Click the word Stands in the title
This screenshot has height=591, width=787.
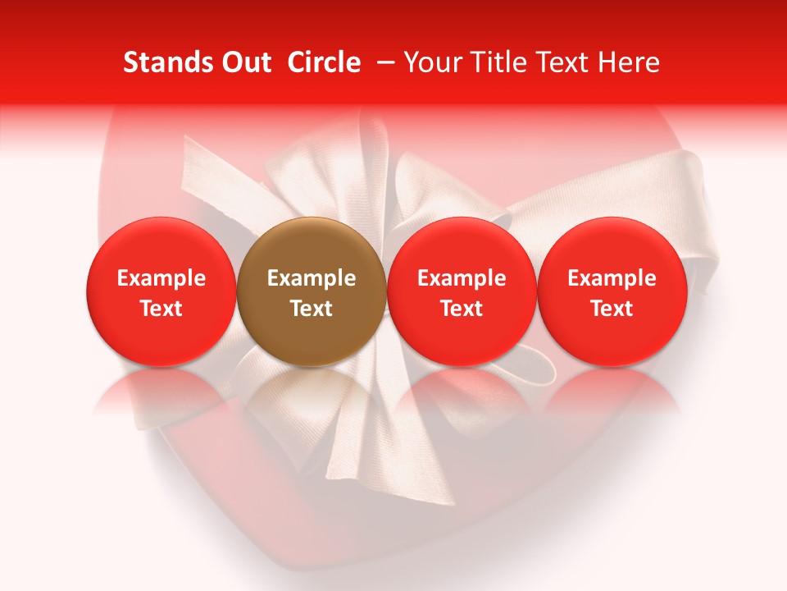[x=167, y=62]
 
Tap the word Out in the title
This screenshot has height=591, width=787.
[x=245, y=62]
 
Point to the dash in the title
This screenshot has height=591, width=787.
[x=383, y=63]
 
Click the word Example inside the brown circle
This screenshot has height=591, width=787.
[x=312, y=278]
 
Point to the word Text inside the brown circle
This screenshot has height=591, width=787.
[x=312, y=309]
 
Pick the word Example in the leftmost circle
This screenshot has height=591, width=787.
[x=161, y=278]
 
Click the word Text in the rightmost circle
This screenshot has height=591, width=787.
[x=612, y=309]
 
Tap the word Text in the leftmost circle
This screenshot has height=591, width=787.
[x=161, y=309]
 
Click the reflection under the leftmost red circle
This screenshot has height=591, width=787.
[x=161, y=394]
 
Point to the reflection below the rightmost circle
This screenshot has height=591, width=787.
[x=612, y=394]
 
